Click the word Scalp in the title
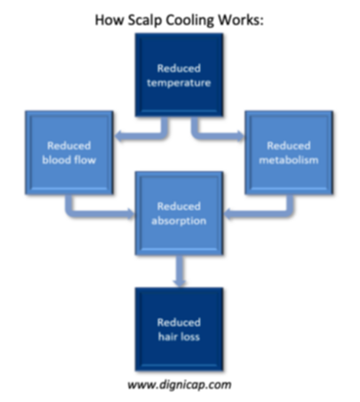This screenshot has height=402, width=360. [145, 20]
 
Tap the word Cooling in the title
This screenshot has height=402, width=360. [189, 20]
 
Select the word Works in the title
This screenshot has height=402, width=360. [239, 20]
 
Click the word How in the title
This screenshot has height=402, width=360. [110, 20]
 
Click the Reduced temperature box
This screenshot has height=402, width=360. [179, 75]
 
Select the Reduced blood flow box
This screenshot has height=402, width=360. [69, 153]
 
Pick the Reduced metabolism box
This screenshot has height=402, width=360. [289, 153]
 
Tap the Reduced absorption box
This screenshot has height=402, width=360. [179, 213]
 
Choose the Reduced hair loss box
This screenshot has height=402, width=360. [179, 329]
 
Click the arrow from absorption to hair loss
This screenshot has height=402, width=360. [180, 271]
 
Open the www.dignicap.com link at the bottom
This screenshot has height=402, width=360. [180, 385]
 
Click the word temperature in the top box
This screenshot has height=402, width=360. [179, 83]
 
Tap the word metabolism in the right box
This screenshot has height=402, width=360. [289, 160]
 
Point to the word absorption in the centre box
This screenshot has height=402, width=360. [179, 221]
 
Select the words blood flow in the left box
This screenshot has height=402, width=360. [69, 160]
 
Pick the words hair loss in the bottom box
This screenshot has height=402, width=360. [179, 337]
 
